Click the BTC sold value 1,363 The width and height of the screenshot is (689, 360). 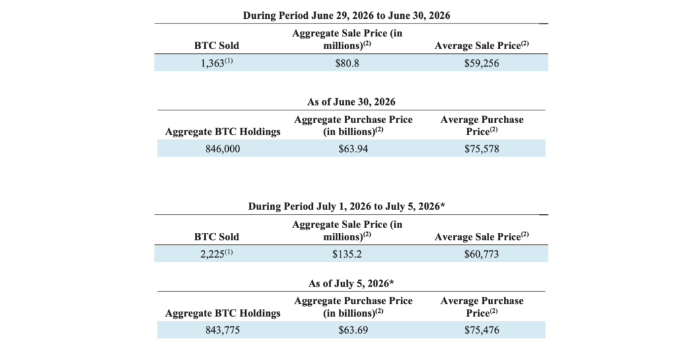coord(213,63)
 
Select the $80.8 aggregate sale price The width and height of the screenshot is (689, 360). coord(347,63)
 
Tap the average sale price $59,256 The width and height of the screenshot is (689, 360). coord(482,63)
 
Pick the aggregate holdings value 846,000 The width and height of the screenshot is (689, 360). coord(223,149)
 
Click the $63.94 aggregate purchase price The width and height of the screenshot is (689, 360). coord(353,149)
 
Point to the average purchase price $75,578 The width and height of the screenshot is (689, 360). coord(482,149)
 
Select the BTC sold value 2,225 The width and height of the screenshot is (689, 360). coord(213,254)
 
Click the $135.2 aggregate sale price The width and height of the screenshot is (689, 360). coord(347,254)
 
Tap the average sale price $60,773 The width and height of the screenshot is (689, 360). coord(482,254)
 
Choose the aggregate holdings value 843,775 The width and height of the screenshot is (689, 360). coord(223,330)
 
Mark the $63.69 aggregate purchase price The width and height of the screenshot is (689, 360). coord(353,330)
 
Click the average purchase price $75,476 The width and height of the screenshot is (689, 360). coord(482,330)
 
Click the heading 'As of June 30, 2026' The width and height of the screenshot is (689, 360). coord(351,102)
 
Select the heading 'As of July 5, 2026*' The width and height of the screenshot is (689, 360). coord(351,283)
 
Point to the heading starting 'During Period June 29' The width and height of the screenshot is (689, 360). coord(347,16)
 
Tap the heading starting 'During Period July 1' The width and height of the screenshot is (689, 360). coord(347,207)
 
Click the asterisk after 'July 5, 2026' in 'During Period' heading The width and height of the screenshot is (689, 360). coord(442,205)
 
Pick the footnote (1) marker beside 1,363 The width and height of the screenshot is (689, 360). coord(229,61)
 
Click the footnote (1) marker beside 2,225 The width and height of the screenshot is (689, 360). coord(229,252)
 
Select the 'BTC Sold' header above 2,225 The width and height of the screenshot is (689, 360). coord(217,237)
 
